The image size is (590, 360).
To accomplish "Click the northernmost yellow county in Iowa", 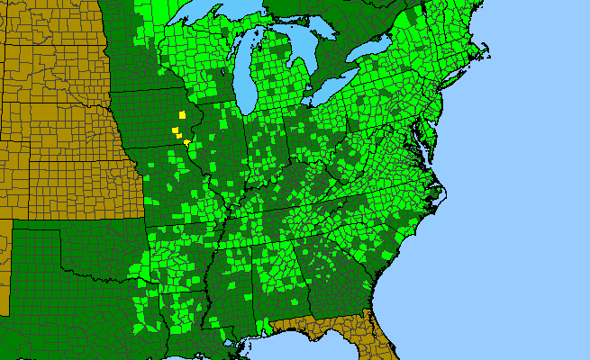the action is click(182, 115).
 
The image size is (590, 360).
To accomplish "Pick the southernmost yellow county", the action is click(186, 142).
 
